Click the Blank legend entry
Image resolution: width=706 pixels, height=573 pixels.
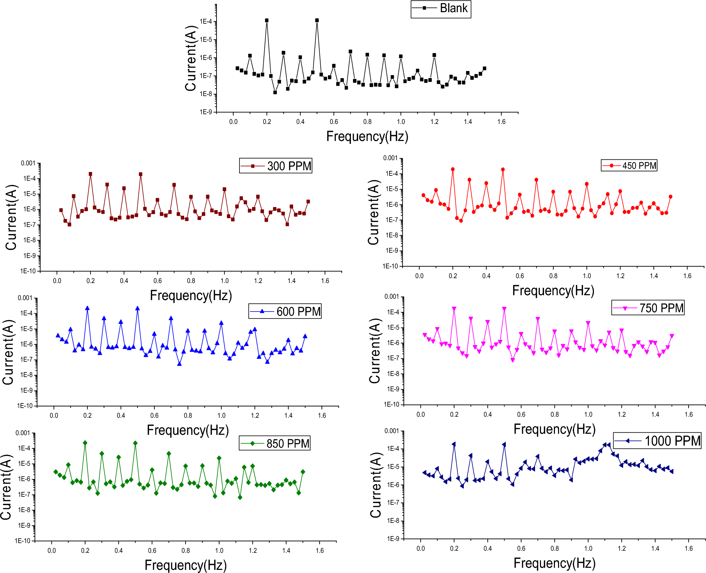441,8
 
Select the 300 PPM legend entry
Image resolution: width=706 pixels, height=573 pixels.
276,166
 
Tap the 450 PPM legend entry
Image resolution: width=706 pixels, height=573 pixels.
629,166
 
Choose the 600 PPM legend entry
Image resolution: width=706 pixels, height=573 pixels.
285,312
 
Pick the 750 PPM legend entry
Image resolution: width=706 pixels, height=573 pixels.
648,308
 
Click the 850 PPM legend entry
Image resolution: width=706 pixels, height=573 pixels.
275,444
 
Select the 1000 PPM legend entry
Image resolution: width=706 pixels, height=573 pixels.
657,441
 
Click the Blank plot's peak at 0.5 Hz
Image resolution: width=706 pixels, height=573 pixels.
317,21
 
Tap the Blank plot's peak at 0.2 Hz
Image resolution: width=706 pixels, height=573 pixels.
267,21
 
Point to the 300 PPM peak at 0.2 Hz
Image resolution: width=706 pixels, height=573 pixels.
91,174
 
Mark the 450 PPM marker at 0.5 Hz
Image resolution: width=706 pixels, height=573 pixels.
503,170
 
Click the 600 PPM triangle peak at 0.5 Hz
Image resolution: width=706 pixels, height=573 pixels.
138,308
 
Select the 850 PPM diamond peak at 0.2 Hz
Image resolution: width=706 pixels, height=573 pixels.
85,443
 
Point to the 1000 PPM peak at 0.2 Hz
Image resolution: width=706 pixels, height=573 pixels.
454,444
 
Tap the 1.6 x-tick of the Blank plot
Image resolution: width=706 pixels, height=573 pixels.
501,122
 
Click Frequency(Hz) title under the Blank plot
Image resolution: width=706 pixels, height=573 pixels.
367,136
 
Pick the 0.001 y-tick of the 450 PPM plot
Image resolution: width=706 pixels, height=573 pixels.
390,158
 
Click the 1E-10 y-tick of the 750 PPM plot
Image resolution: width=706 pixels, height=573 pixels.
391,405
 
